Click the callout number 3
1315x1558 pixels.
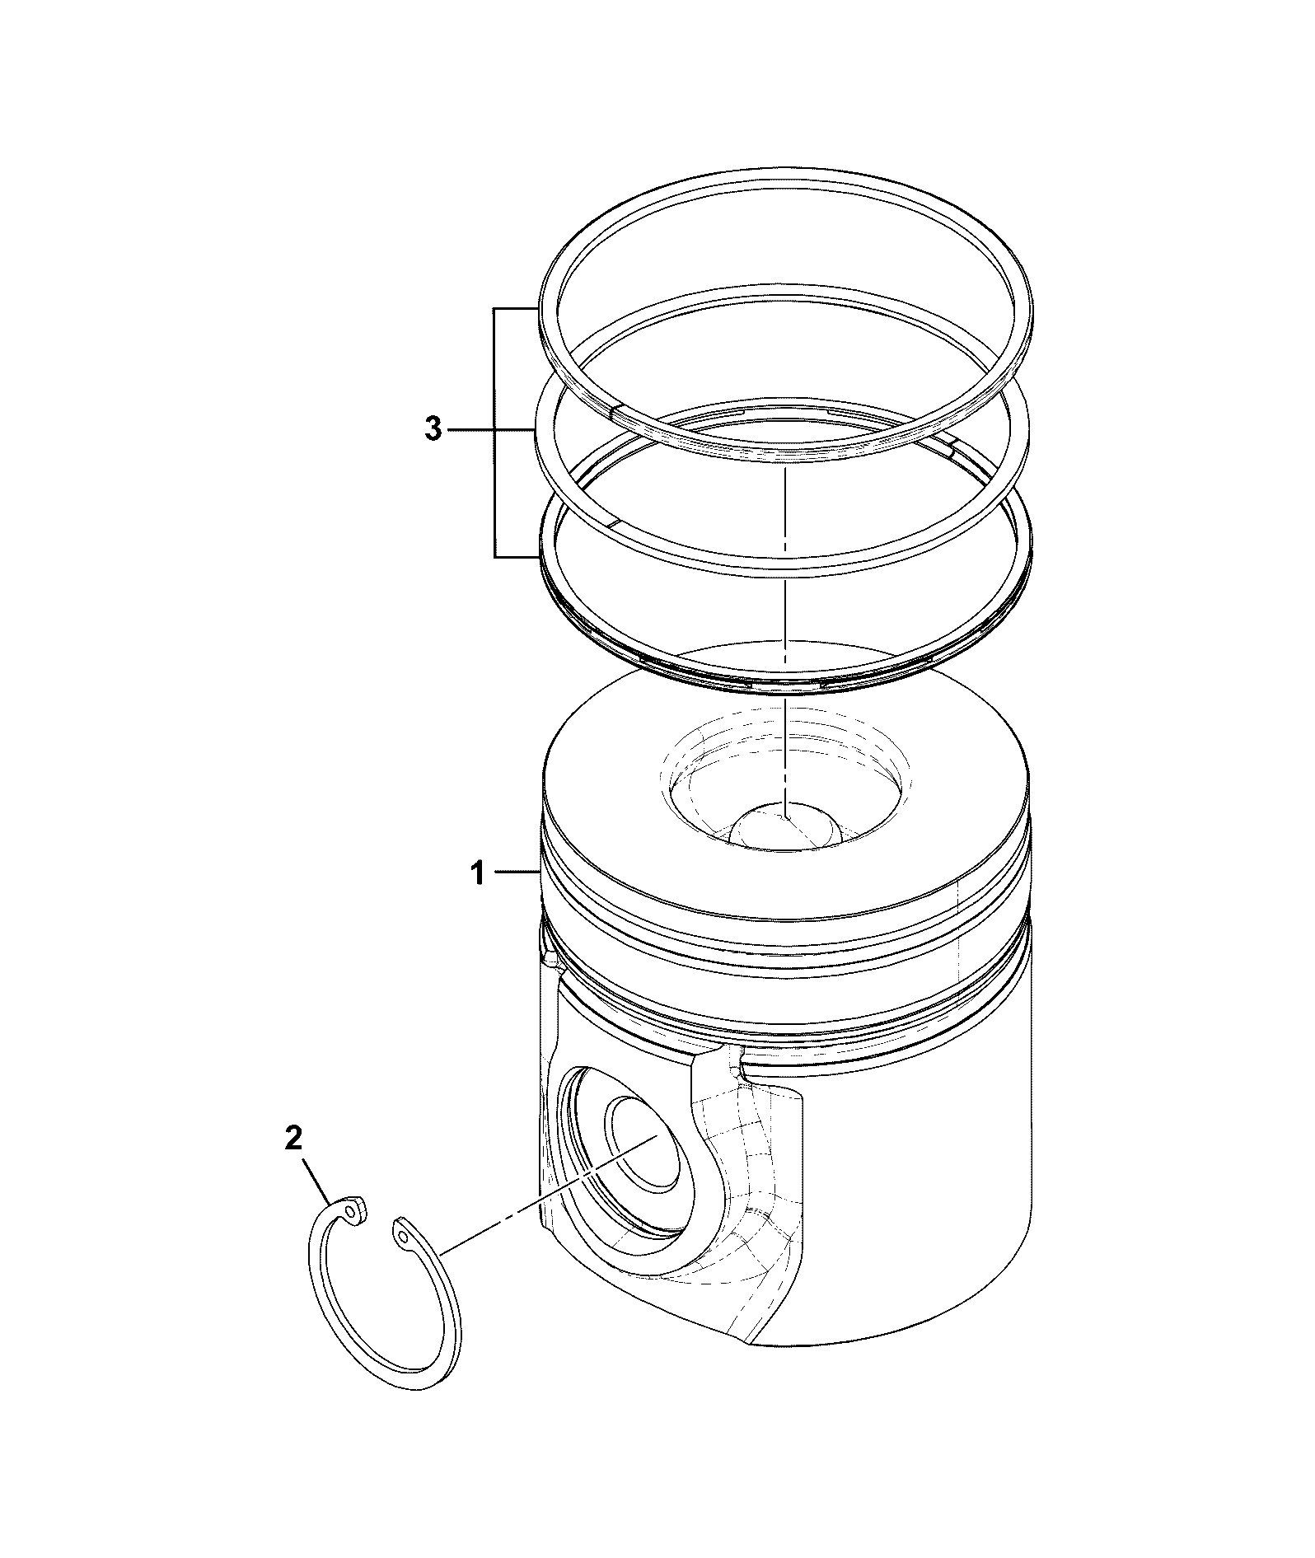pos(433,429)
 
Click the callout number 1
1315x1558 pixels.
pos(478,873)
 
